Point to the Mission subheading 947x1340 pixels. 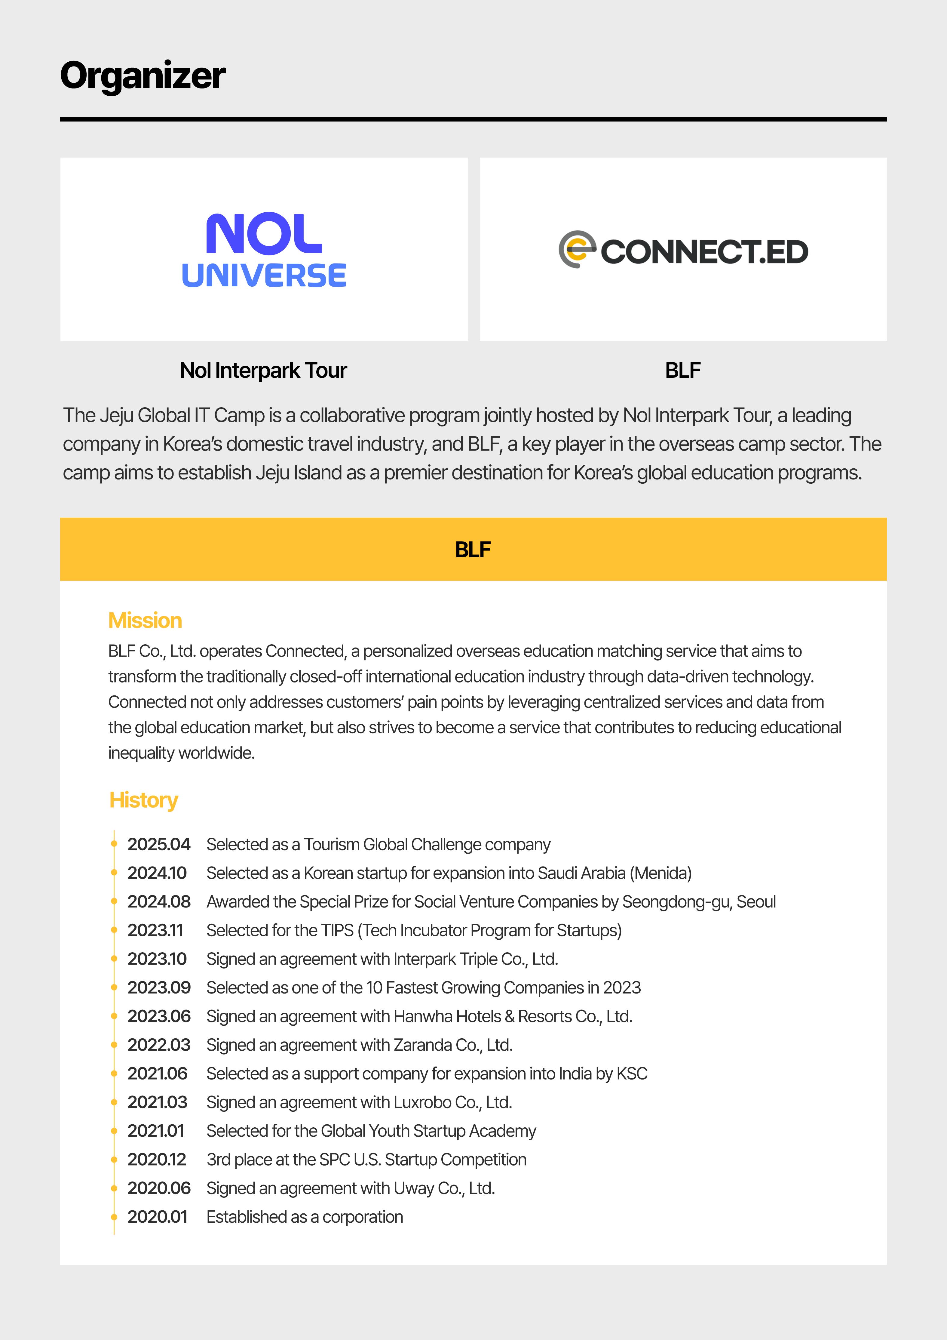click(145, 621)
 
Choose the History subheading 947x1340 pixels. click(143, 800)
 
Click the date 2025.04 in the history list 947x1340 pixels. click(159, 845)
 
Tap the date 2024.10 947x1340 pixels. click(157, 873)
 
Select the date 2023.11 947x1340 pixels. click(155, 930)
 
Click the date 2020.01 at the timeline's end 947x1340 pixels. click(158, 1217)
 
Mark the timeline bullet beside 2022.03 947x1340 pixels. click(114, 1045)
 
